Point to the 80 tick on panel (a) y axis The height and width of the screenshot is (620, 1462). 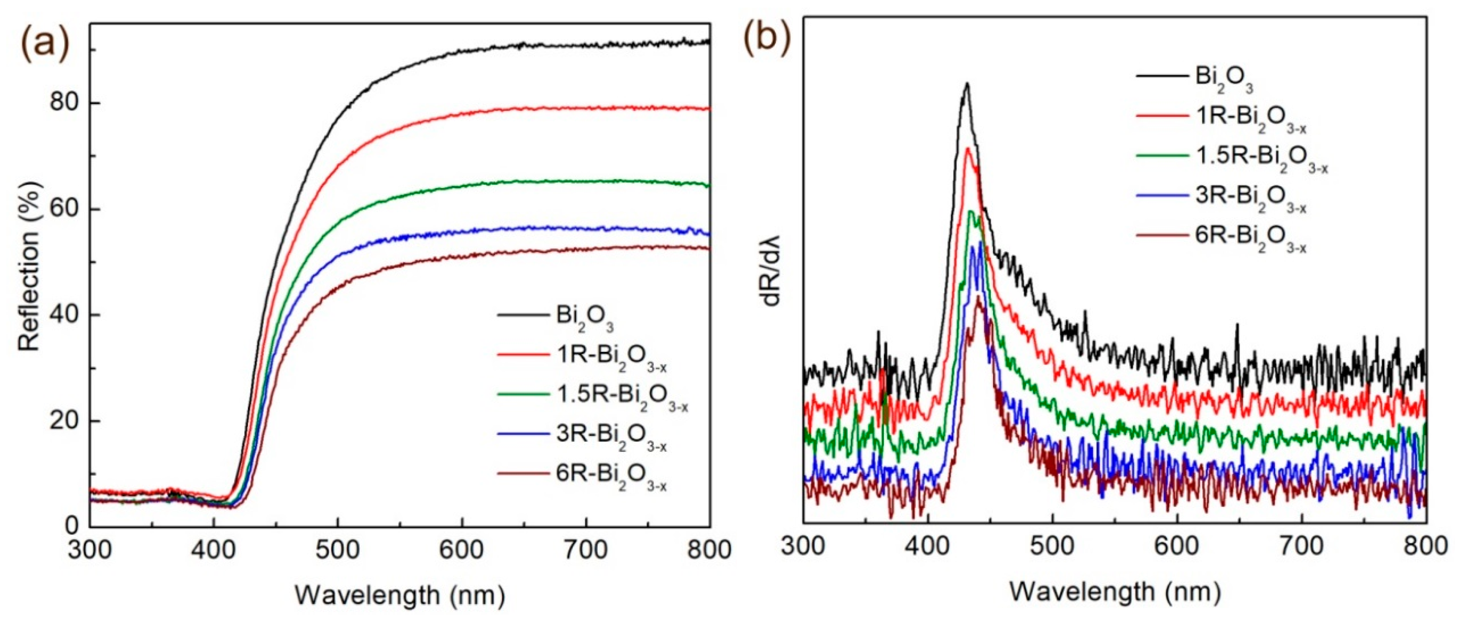pos(64,104)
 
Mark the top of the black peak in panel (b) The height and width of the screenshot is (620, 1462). pos(967,84)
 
